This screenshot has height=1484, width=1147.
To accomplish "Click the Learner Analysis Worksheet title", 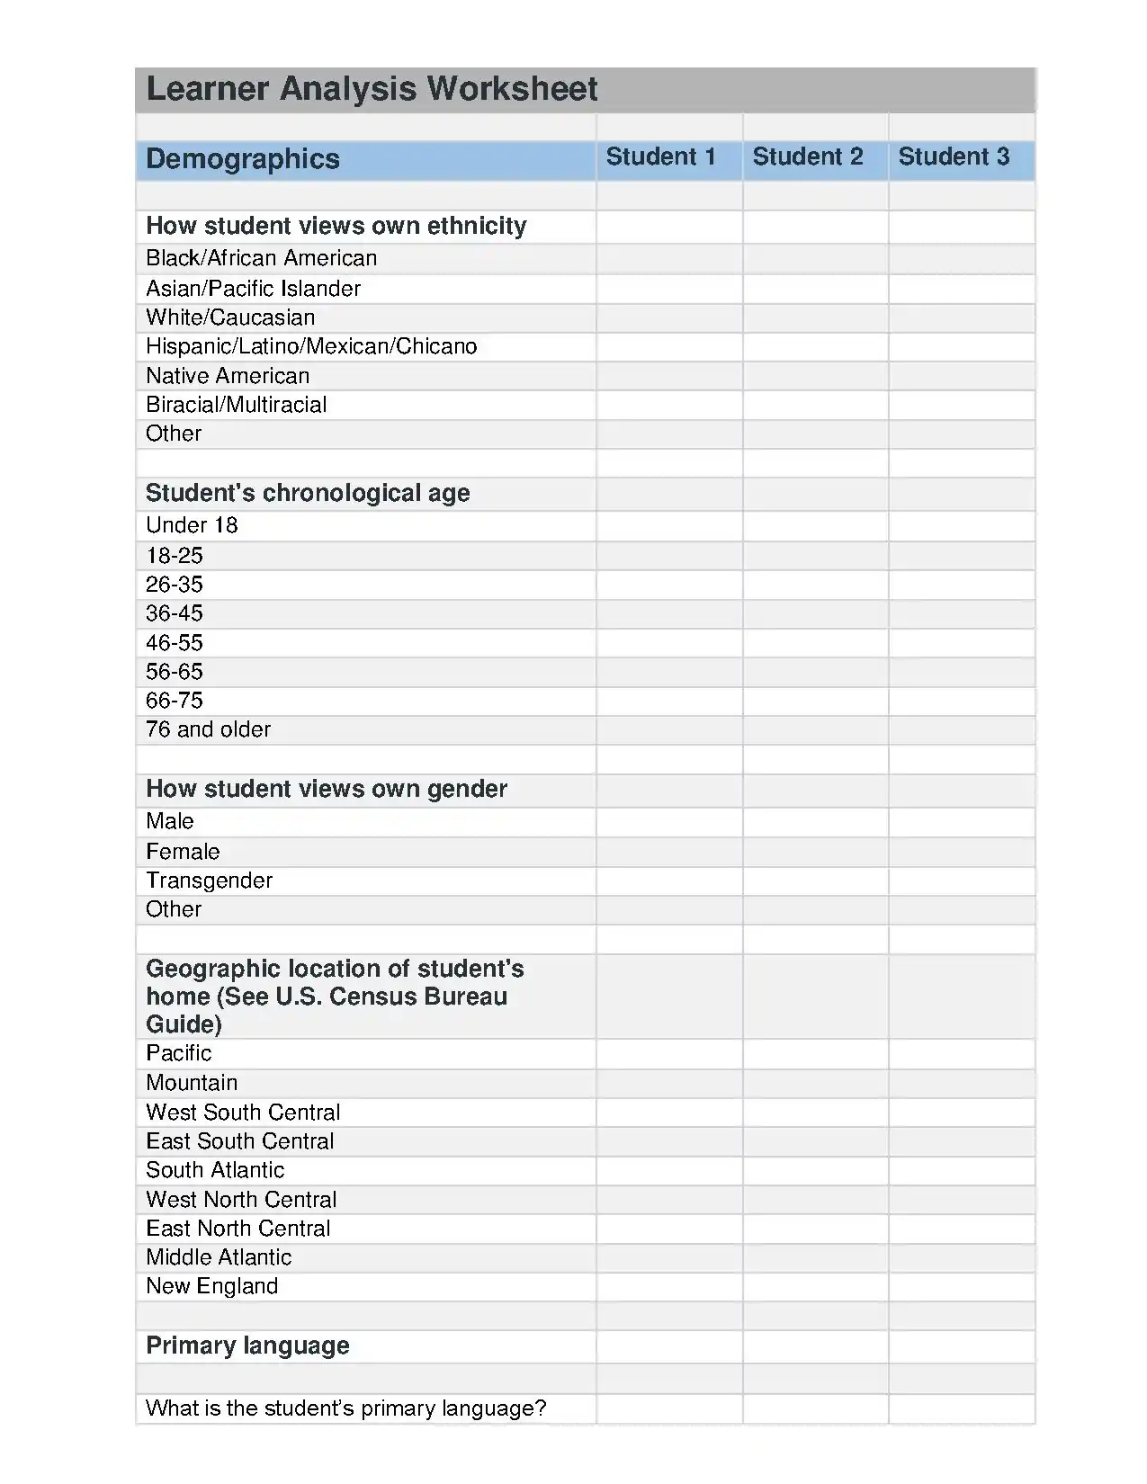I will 372,89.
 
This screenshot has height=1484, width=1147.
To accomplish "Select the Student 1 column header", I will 660,157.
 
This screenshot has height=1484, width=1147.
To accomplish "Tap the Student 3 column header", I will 954,157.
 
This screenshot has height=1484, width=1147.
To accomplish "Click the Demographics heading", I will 243,159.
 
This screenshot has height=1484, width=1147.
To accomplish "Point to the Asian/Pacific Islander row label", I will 253,289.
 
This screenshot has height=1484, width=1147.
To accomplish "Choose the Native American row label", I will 228,376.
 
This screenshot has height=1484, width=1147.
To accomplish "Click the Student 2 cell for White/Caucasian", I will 815,318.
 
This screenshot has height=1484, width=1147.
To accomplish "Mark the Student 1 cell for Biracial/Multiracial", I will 669,406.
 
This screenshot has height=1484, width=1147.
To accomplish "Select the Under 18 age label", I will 192,525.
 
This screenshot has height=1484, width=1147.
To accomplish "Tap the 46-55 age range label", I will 175,643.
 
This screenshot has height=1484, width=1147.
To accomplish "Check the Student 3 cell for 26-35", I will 961,586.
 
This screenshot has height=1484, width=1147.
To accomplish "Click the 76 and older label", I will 208,729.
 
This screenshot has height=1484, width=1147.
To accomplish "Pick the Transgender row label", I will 209,881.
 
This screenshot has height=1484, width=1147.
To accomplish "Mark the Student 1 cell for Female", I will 669,852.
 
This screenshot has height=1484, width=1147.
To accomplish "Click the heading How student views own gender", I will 327,789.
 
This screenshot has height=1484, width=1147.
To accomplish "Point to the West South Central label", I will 243,1113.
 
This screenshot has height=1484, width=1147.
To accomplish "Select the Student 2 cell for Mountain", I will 815,1084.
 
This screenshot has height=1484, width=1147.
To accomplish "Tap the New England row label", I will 211,1286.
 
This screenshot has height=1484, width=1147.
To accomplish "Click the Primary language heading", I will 247,1345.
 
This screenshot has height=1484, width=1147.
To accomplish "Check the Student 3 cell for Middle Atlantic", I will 961,1257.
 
